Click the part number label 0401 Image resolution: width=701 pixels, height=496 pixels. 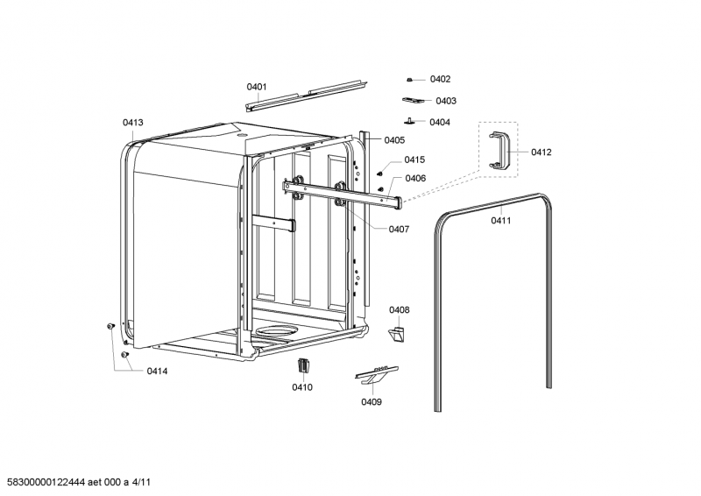[256, 87]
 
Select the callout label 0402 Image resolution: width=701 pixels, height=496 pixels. [440, 80]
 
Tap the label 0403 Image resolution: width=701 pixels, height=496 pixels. [446, 101]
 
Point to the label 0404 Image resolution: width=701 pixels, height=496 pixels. [440, 122]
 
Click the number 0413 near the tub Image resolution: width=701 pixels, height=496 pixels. [133, 124]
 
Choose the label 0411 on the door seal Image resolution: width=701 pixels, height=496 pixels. [501, 220]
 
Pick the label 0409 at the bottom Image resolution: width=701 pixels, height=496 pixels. [371, 402]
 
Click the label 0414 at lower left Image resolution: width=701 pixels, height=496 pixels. [157, 372]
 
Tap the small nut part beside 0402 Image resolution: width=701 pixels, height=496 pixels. [410, 80]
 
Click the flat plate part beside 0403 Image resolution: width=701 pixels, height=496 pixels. [413, 102]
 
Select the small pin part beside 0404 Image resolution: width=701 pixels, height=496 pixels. [409, 121]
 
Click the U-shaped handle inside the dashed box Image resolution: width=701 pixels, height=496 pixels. [499, 150]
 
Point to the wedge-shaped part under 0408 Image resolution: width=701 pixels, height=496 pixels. [398, 334]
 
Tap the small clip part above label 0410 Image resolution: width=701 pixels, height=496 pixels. [303, 365]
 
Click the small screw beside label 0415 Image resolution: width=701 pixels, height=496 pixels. [380, 174]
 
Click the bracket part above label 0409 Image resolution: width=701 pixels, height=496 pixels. [375, 373]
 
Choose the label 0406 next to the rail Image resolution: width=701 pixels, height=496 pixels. [415, 178]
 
